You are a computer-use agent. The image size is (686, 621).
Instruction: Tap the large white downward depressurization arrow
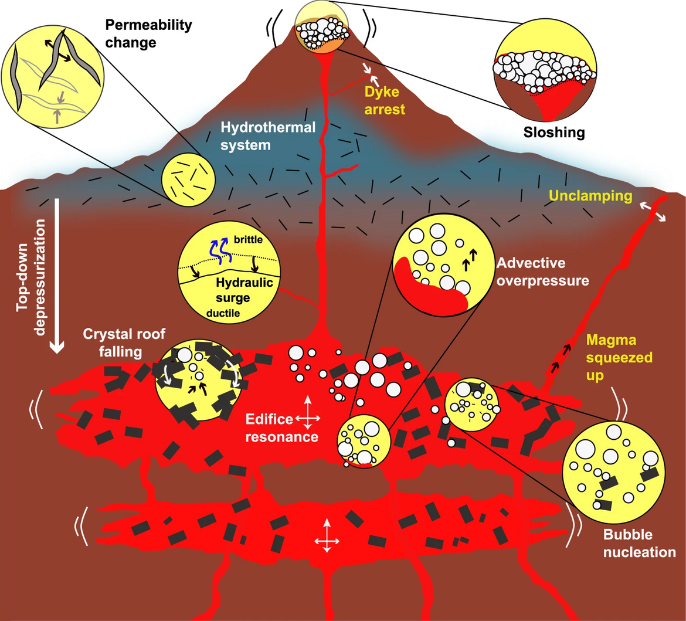click(57, 276)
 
